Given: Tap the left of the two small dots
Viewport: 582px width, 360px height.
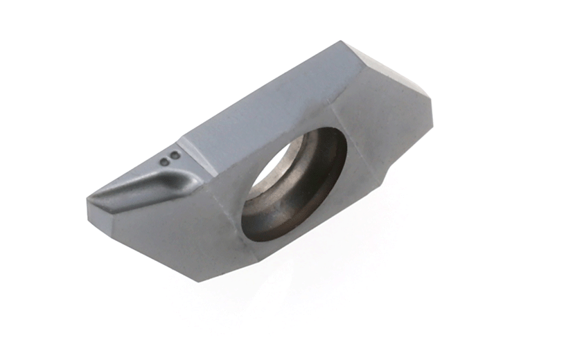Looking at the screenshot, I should click(x=164, y=161).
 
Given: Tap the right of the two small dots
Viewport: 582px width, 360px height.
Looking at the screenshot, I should click(x=175, y=156).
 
